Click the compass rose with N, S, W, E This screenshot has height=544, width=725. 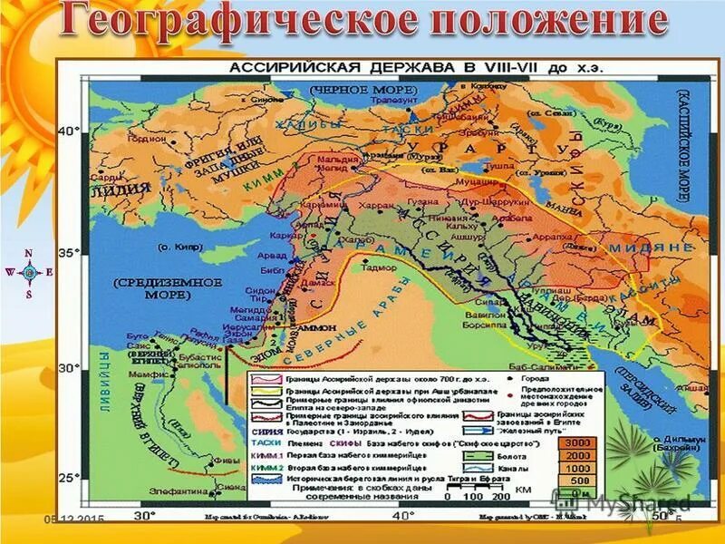(29, 271)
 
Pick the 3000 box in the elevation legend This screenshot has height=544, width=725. (581, 442)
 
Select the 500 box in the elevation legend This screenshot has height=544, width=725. (581, 480)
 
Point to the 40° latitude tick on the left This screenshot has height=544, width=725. (69, 131)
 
